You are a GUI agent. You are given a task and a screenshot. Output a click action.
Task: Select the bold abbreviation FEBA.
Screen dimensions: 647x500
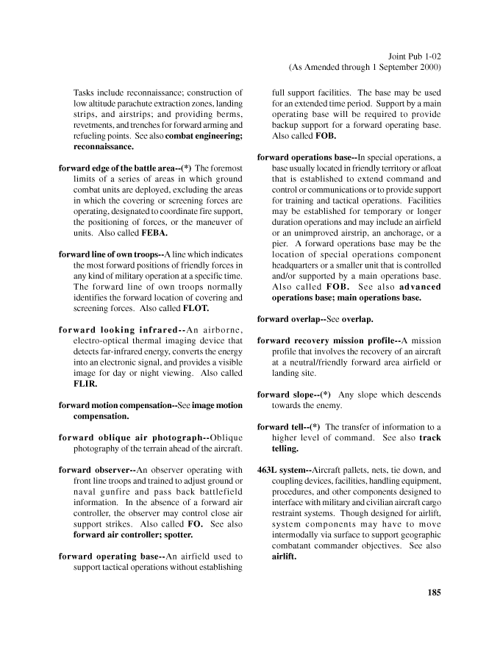[x=154, y=233]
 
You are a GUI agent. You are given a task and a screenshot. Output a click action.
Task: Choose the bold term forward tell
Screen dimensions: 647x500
[x=282, y=427]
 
